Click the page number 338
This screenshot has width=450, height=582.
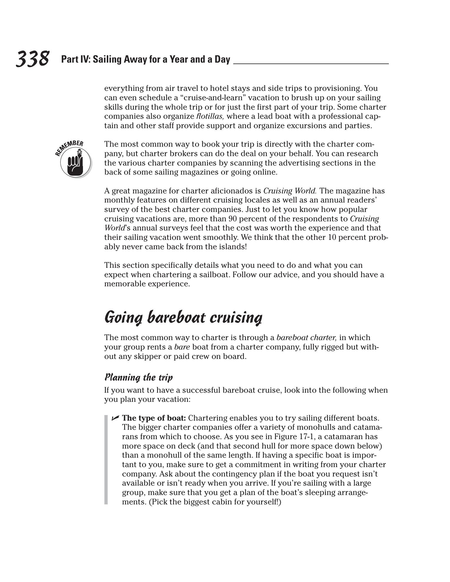(x=32, y=58)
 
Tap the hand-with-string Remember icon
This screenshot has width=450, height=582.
(x=75, y=162)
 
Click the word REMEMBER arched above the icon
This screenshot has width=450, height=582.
(x=69, y=147)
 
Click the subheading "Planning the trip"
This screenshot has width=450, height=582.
(x=139, y=377)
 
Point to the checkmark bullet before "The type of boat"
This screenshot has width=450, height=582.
(x=115, y=418)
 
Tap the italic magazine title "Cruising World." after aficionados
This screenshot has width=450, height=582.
(x=290, y=191)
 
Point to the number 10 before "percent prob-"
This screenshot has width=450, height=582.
(x=332, y=238)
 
